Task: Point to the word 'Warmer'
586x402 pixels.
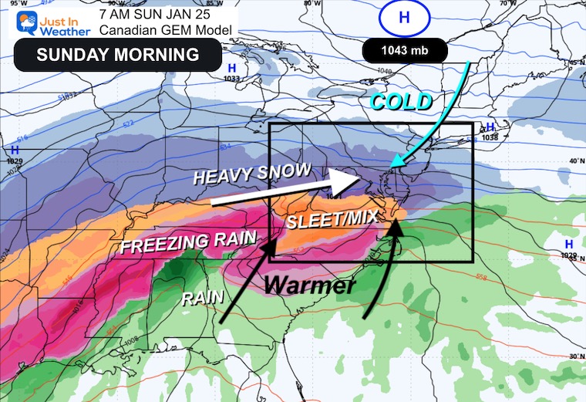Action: (x=310, y=285)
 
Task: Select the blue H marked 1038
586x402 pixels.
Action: (x=488, y=128)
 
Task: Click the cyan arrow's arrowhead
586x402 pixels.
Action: (x=395, y=162)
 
